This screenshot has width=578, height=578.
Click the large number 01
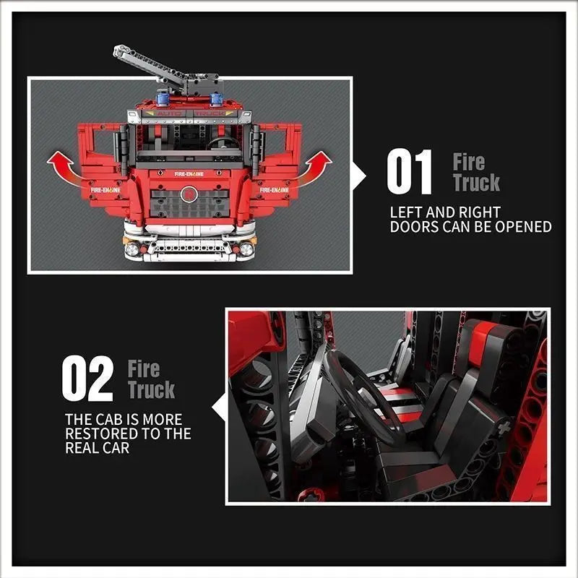410,172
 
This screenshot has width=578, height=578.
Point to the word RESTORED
103,433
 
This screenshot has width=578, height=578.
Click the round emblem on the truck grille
189,194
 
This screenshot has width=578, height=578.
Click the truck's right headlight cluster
246,249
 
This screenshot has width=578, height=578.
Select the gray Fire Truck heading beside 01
476,172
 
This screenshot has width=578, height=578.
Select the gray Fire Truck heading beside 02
151,379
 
